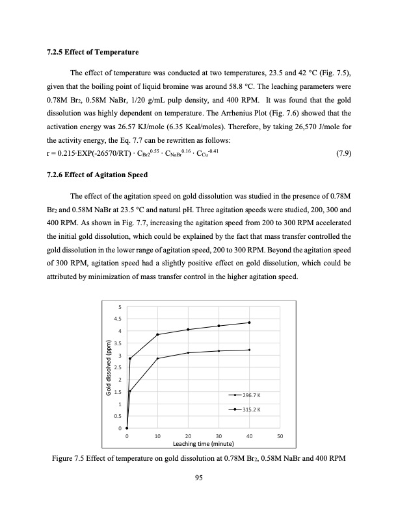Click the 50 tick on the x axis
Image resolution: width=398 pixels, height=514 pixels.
point(280,436)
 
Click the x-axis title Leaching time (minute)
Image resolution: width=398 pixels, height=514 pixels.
point(203,444)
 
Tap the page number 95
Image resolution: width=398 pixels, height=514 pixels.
point(199,478)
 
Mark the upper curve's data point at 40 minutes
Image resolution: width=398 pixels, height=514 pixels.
point(249,323)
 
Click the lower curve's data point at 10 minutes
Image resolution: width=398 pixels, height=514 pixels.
point(157,358)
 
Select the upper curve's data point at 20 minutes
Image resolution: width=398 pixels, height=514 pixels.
point(188,330)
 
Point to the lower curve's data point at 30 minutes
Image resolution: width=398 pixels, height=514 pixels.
point(219,350)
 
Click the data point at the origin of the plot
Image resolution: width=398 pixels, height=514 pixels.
point(127,428)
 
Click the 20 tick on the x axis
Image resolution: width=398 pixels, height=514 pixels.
point(188,436)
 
